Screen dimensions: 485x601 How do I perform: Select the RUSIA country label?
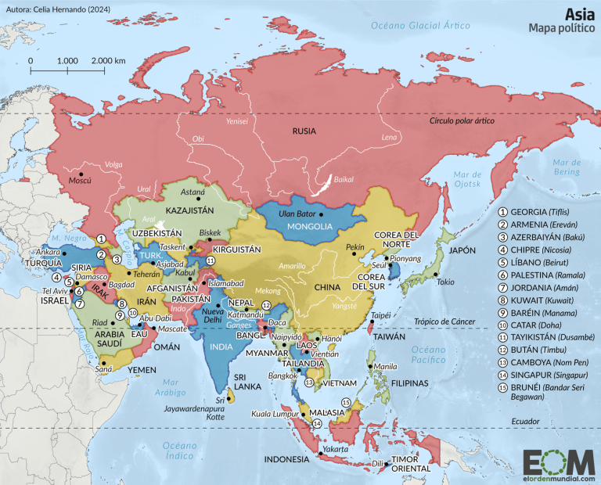pyautogui.click(x=304, y=131)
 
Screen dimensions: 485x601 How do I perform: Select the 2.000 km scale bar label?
pyautogui.click(x=108, y=60)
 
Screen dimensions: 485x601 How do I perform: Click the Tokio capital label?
pyautogui.click(x=445, y=282)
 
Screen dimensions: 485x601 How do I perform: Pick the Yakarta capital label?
pyautogui.click(x=334, y=449)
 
